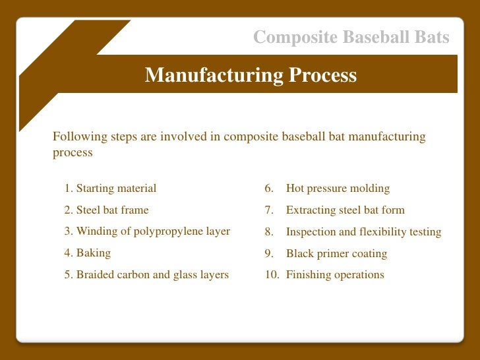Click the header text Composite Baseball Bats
(x=351, y=38)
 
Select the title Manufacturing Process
(x=251, y=75)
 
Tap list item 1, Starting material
(x=110, y=189)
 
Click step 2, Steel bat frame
(x=106, y=210)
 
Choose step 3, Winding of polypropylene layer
(x=147, y=231)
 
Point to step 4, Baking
(x=88, y=253)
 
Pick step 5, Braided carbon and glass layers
(x=146, y=275)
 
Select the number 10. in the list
(x=272, y=275)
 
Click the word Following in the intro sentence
(x=75, y=137)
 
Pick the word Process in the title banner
(x=324, y=75)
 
